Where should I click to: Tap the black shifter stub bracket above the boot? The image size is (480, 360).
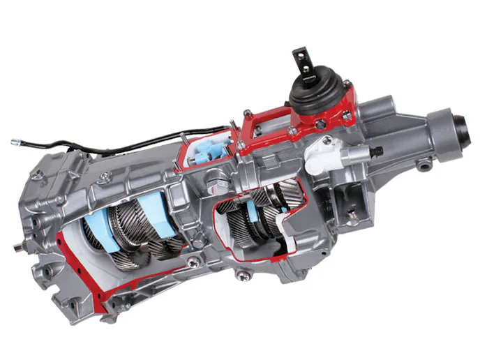point(301,57)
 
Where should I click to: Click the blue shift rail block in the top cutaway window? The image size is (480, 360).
point(207,151)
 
